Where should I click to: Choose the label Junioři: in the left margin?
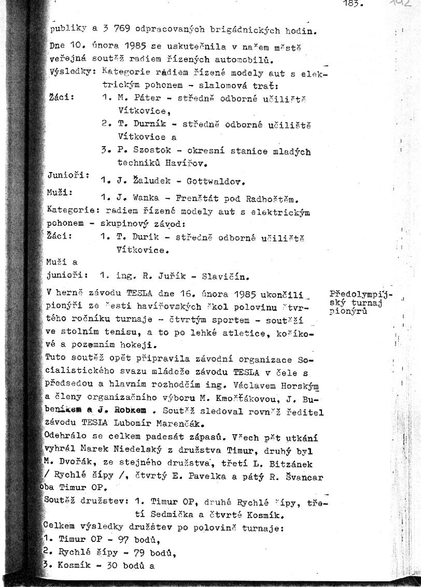point(68,175)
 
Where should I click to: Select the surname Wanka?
point(146,198)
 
